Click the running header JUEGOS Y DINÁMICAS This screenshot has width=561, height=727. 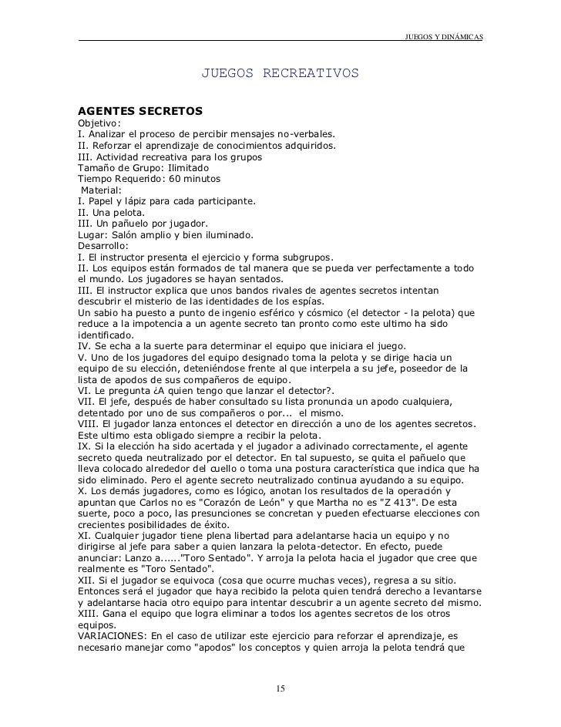pyautogui.click(x=443, y=38)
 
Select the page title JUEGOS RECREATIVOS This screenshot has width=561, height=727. pyautogui.click(x=280, y=74)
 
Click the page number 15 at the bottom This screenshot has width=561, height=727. pyautogui.click(x=280, y=688)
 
